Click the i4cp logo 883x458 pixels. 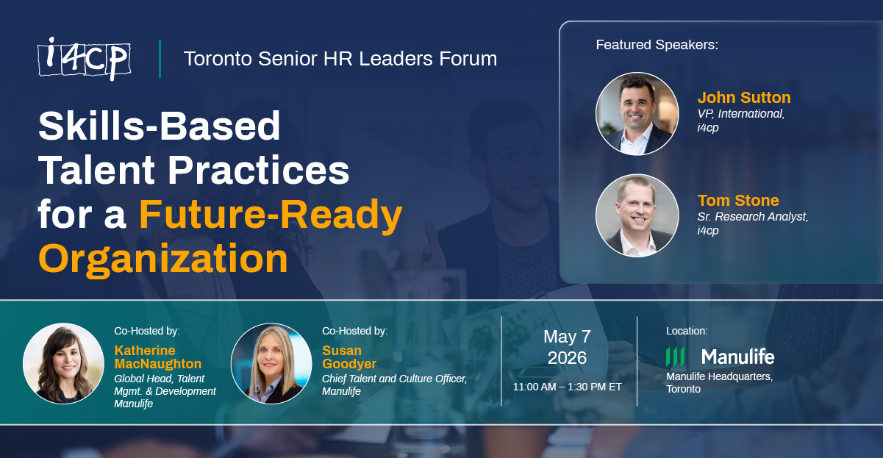(x=84, y=59)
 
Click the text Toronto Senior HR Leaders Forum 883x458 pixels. (x=340, y=59)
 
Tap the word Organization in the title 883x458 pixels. (x=162, y=259)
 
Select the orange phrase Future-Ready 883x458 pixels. (x=271, y=215)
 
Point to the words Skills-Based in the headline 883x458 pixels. (x=160, y=126)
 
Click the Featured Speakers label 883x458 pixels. (x=657, y=45)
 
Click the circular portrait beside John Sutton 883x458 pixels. (x=637, y=113)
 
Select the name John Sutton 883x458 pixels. (x=744, y=98)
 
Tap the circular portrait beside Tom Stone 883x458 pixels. (x=637, y=215)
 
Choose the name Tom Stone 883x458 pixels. (x=738, y=200)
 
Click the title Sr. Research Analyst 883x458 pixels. (x=752, y=216)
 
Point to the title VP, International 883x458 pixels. (x=741, y=114)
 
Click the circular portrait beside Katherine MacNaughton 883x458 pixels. (x=63, y=363)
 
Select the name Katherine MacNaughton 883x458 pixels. (x=157, y=357)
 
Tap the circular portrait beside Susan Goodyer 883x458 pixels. (x=271, y=363)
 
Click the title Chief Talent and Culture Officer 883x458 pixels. (x=394, y=379)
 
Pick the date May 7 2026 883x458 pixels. (x=566, y=347)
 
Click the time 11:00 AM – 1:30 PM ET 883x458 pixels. (x=567, y=387)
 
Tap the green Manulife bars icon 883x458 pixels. (x=675, y=357)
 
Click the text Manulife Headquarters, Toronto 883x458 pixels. (x=718, y=382)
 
